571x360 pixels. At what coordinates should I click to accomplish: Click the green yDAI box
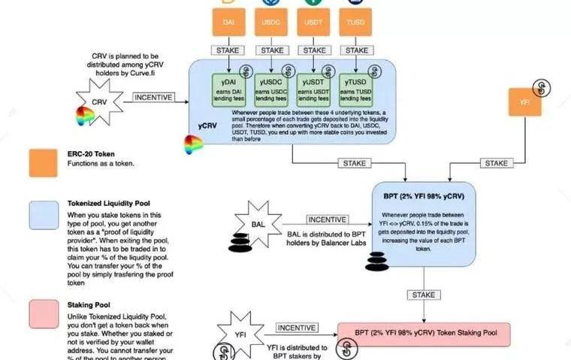[230, 89]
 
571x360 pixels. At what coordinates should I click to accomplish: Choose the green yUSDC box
[272, 89]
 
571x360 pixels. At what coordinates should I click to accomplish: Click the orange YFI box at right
[525, 101]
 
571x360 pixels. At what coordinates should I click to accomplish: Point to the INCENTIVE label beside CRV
[153, 97]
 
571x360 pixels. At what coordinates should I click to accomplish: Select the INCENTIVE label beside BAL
[327, 219]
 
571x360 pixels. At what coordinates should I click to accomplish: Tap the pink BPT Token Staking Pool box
[423, 334]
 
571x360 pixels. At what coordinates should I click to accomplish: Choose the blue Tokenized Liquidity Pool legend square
[44, 215]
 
